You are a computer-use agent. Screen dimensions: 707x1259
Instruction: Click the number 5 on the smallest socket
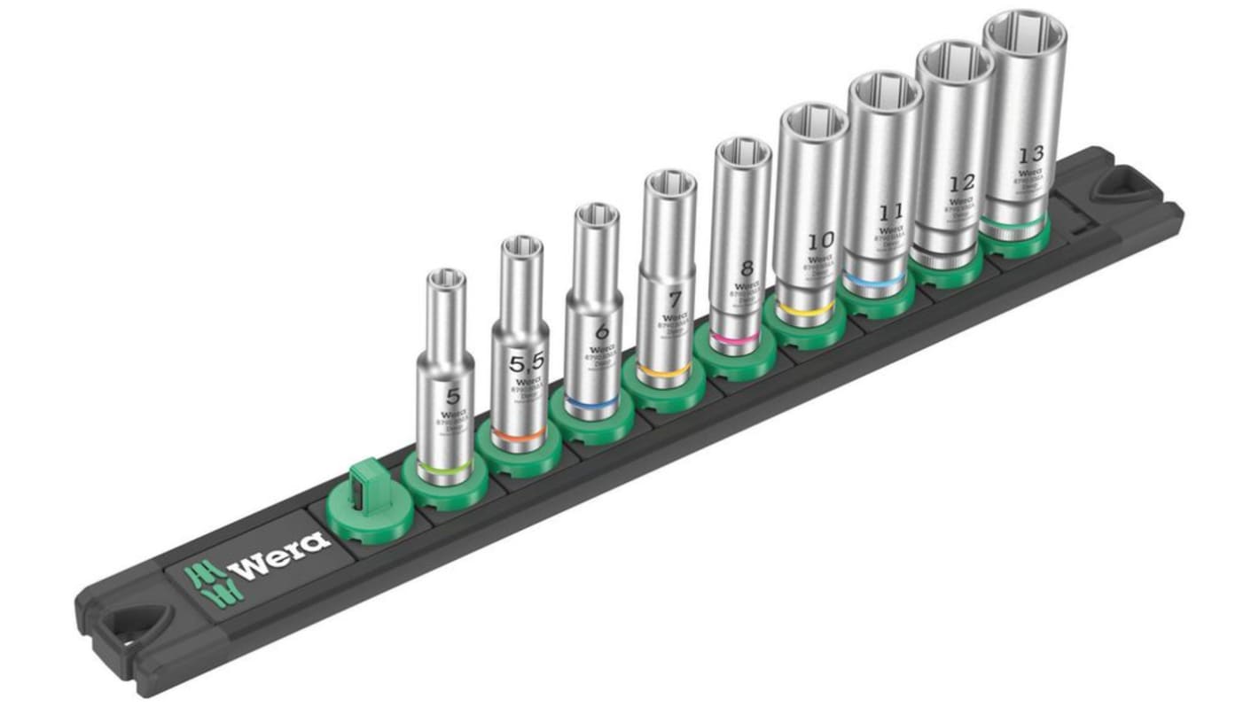[453, 395]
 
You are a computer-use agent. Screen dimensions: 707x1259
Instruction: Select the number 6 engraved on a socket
[602, 333]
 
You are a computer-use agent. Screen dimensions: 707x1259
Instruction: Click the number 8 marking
[747, 268]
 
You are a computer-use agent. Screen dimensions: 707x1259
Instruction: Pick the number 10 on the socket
[821, 240]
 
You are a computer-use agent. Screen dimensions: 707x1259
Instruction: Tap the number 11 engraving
[891, 212]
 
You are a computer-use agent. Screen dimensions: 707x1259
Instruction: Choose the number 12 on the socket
[961, 183]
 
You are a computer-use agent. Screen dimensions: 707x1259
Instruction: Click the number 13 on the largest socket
[1031, 152]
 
